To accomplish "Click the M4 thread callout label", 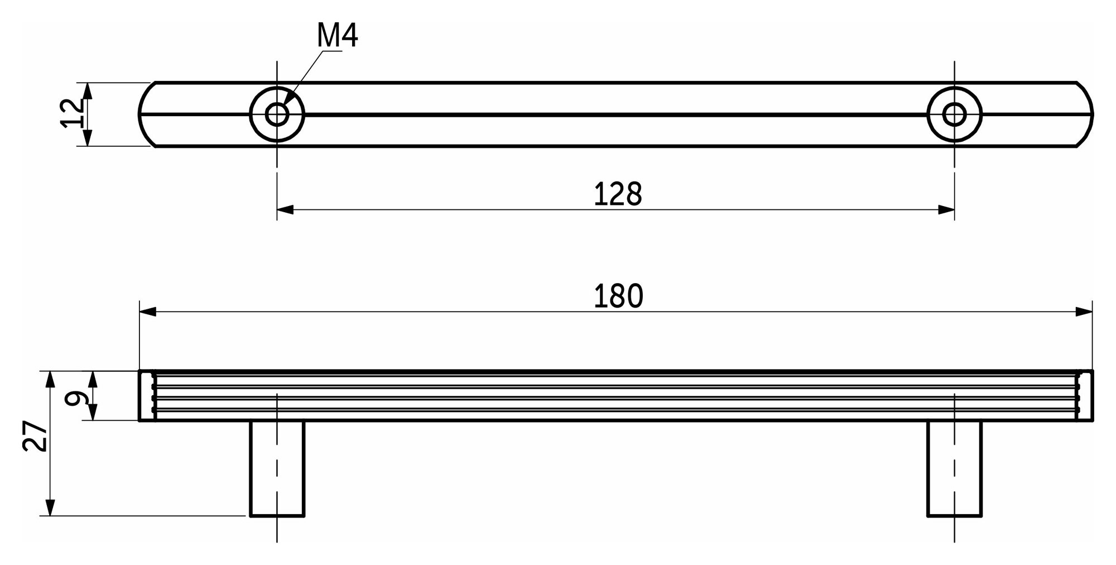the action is point(337,36).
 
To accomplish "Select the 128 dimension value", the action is point(618,194).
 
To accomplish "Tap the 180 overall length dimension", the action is point(618,296).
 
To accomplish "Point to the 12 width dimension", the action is point(73,114).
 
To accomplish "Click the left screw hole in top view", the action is point(277,114).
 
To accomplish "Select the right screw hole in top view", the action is point(954,114).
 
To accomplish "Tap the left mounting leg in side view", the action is point(277,468).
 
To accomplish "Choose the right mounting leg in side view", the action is point(954,468).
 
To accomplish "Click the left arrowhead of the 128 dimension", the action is point(285,210).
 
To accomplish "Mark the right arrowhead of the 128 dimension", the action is point(946,210).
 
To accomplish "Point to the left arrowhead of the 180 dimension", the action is point(148,312).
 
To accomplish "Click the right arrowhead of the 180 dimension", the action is point(1084,312).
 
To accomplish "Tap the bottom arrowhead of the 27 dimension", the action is point(50,507).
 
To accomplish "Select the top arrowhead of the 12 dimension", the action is point(87,91).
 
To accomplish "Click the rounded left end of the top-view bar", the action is point(143,114).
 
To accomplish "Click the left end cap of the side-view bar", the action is point(147,395).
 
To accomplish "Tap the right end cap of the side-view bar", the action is point(1085,395).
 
